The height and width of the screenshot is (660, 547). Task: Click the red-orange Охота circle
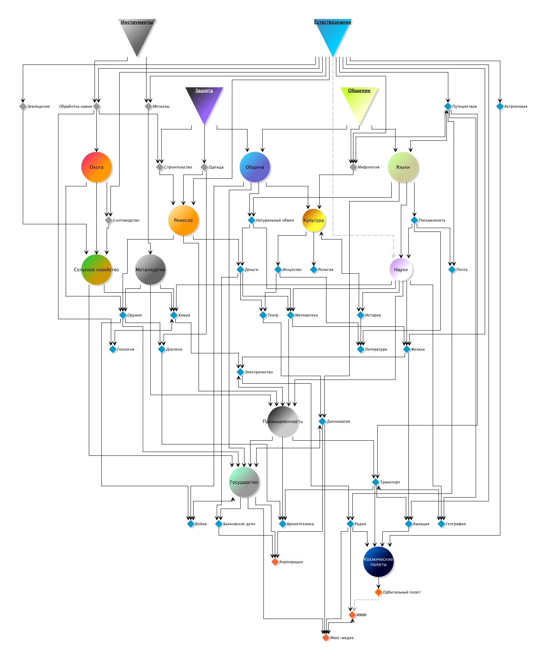[96, 167]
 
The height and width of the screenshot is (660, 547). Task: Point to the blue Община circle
[255, 167]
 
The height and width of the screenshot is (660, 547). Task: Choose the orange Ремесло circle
[183, 220]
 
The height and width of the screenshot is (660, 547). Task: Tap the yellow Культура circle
[314, 220]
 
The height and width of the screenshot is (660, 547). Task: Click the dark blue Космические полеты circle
[378, 562]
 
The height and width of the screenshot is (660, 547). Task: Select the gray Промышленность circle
[283, 421]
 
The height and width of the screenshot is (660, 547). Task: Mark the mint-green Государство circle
[244, 482]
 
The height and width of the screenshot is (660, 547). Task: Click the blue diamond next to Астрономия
[500, 106]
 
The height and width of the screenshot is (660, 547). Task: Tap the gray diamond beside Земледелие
[23, 106]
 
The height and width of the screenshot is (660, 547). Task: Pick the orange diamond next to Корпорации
[275, 562]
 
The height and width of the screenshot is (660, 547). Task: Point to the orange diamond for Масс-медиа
[326, 638]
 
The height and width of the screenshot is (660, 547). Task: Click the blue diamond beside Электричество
[240, 372]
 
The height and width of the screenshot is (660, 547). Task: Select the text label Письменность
[432, 220]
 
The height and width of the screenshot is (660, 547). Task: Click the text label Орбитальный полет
[402, 592]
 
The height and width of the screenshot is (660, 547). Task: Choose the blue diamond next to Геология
[113, 349]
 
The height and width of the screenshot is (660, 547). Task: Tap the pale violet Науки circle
[401, 269]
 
